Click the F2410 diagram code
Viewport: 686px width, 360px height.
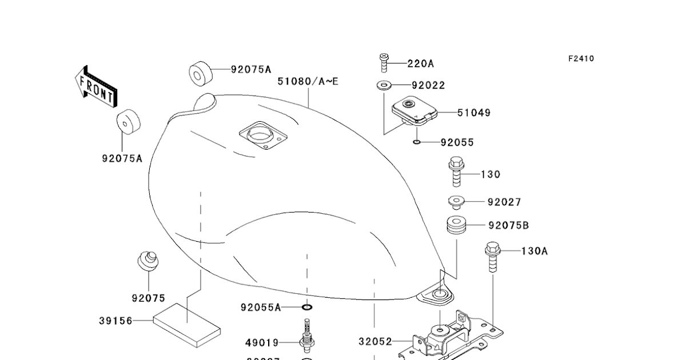point(581,58)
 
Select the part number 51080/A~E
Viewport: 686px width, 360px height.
point(308,81)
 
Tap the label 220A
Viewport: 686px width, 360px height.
point(420,63)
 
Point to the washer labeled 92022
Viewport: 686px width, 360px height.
point(383,86)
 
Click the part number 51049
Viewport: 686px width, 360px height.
point(473,113)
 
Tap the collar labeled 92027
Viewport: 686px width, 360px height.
point(456,201)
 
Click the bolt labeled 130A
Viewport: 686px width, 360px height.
point(492,258)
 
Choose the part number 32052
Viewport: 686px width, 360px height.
point(376,342)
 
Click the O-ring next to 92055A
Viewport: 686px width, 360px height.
point(307,307)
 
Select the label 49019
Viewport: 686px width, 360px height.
point(262,342)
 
